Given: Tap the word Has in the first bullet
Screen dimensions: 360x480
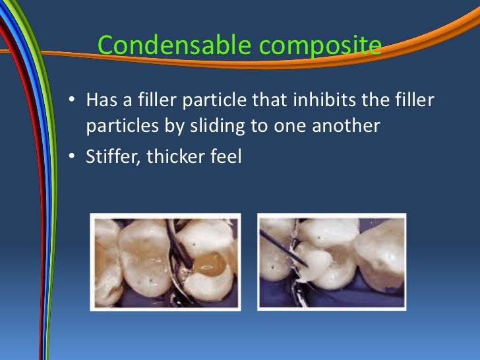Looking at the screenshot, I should coord(101,101).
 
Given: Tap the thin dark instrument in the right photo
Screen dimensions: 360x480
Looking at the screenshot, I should coord(280,244).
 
